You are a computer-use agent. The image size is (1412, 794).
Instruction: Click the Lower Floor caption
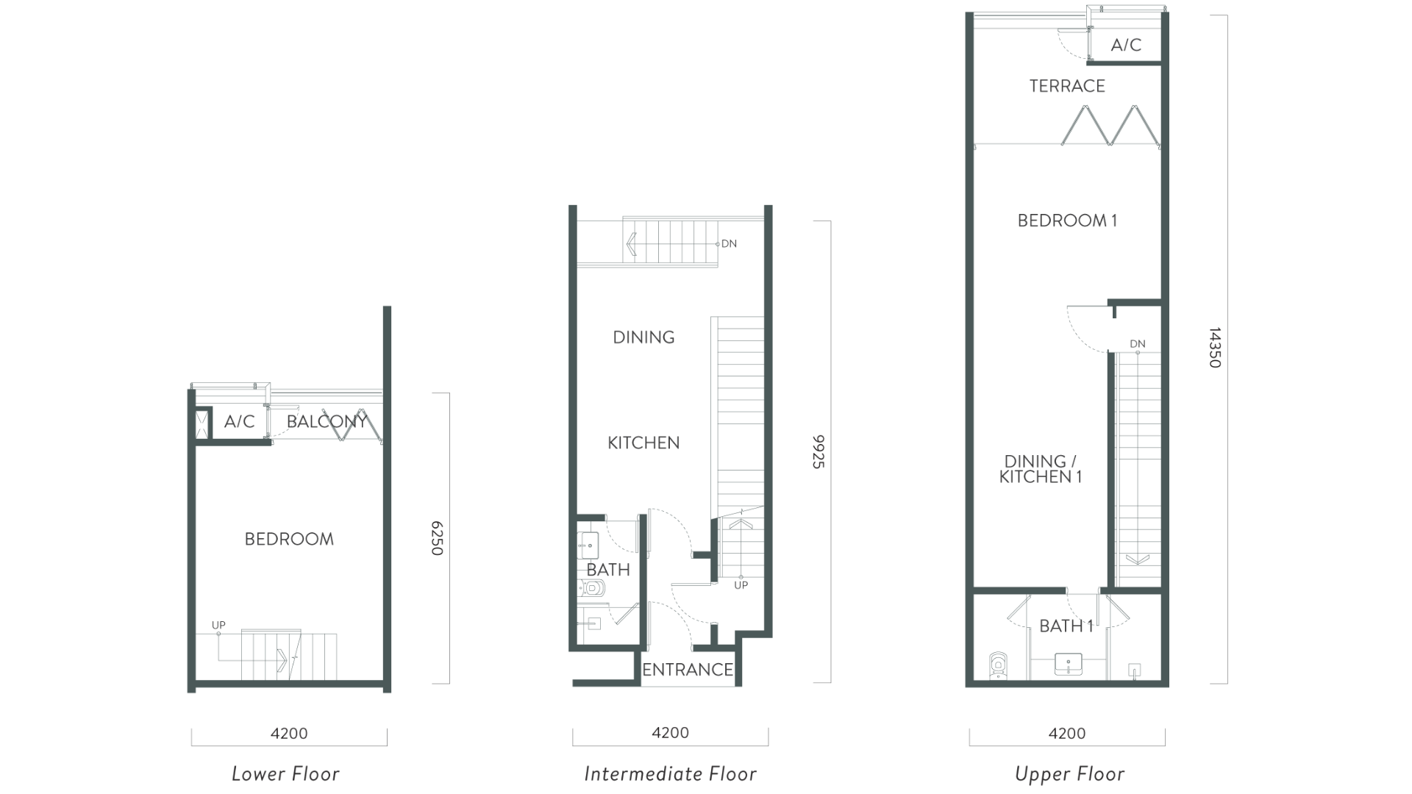(x=285, y=773)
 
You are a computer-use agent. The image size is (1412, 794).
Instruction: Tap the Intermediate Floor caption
(x=670, y=773)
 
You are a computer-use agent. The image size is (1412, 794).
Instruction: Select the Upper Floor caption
(x=1069, y=773)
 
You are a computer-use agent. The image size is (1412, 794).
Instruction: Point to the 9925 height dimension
(x=819, y=451)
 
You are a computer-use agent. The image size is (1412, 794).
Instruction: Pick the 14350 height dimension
(x=1215, y=348)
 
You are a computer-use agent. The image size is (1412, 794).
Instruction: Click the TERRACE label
(x=1066, y=86)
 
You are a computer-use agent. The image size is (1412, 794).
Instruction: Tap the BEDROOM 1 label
(x=1067, y=221)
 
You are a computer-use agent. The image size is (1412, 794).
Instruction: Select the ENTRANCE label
(x=688, y=670)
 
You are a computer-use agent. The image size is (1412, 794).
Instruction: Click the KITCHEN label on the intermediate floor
(x=643, y=443)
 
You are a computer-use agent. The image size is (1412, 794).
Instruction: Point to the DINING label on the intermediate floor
(x=643, y=337)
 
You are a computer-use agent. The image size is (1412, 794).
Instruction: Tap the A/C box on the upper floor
(x=1125, y=45)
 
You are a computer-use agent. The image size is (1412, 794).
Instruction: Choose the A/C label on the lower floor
(x=239, y=421)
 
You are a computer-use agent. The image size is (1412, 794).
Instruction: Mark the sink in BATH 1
(x=1068, y=665)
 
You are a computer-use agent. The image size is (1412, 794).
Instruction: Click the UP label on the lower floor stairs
(x=218, y=625)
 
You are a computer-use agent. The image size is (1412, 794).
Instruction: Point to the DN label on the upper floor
(x=1137, y=344)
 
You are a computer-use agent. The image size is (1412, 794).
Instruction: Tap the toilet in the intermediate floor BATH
(x=593, y=587)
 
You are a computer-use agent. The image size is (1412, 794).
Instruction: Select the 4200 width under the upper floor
(x=1066, y=733)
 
